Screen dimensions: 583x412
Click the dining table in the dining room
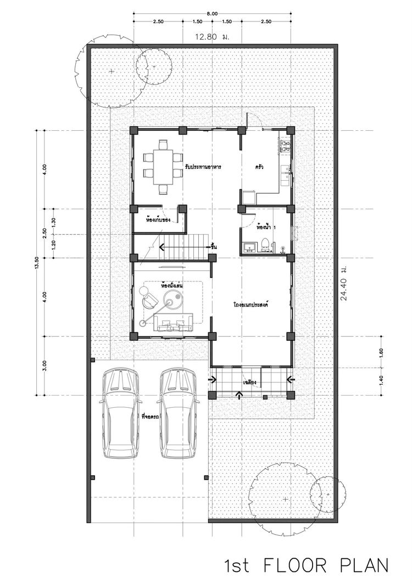point(162,165)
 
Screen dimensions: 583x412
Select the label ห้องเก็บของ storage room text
point(158,219)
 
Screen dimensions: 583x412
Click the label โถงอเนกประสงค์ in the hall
point(253,303)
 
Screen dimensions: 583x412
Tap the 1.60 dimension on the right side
point(380,352)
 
